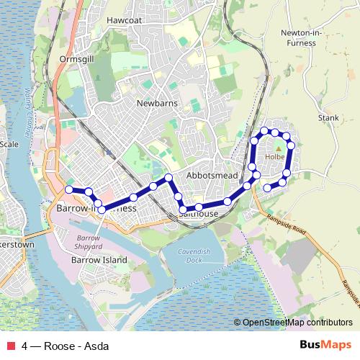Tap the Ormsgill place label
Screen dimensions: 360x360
point(78,58)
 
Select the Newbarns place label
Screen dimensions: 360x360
point(156,103)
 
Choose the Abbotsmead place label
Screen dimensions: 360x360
point(212,176)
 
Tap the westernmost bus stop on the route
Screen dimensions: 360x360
point(69,189)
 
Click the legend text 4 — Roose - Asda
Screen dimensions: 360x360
point(66,346)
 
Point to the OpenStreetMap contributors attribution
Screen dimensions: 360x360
point(293,323)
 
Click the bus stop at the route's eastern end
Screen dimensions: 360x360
point(267,188)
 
